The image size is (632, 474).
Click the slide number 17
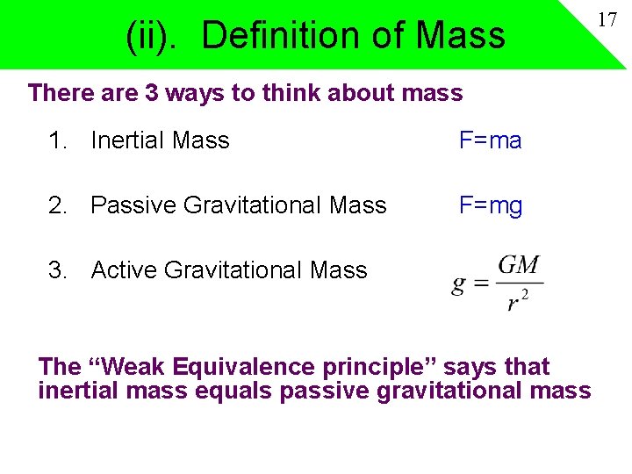click(x=607, y=19)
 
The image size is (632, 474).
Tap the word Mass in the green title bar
click(x=460, y=36)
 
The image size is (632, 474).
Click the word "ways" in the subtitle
click(x=195, y=92)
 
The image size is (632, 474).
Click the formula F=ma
click(x=491, y=140)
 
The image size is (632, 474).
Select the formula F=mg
click(x=491, y=205)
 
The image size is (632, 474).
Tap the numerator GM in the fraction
click(x=518, y=266)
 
